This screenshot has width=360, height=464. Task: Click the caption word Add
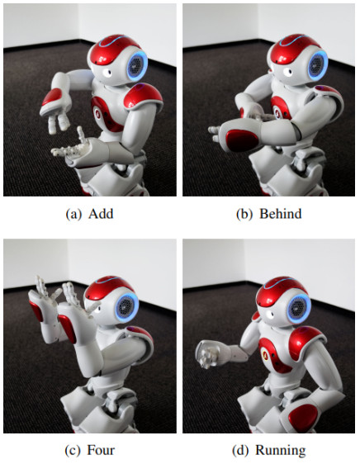coord(101,214)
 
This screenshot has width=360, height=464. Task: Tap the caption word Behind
coord(281,214)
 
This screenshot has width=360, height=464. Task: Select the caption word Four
coord(101,450)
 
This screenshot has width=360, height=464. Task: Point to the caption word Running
coord(281,451)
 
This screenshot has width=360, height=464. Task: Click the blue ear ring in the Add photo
coord(137,66)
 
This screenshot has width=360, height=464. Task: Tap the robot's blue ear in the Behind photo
coord(318,66)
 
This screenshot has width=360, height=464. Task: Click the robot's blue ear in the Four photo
coord(126,308)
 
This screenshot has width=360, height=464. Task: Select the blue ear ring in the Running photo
coord(299,309)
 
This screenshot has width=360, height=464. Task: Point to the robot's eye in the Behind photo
coord(287,72)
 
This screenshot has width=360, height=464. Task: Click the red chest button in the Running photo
coord(263,353)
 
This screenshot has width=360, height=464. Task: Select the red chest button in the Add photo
coord(97,113)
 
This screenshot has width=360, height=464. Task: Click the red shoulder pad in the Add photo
coord(143,95)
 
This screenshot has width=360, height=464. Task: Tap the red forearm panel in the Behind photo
coord(242,141)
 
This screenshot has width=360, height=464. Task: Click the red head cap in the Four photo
coord(108,290)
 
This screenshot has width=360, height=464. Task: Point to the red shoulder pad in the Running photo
coord(307,339)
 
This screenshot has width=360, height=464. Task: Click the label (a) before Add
coord(73,214)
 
